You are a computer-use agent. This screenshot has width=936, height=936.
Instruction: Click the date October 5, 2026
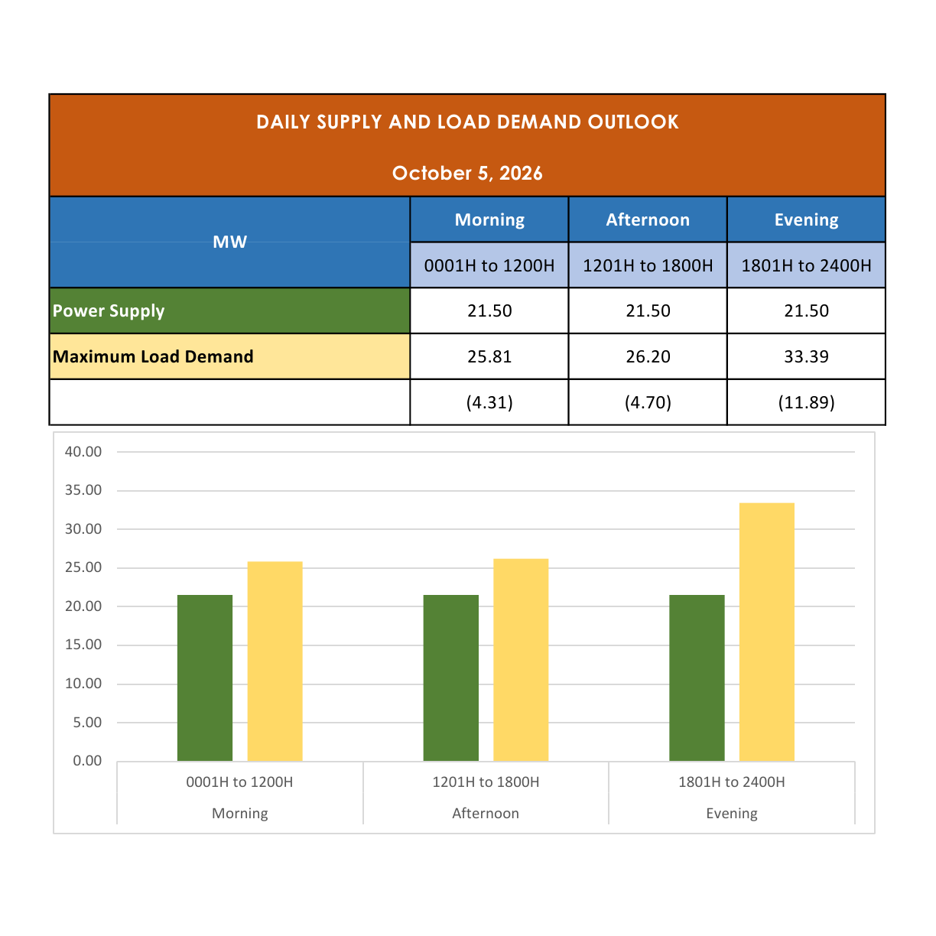(466, 173)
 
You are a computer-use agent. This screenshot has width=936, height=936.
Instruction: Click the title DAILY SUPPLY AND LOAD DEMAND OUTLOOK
(467, 122)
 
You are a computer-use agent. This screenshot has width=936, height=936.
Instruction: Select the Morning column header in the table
(489, 219)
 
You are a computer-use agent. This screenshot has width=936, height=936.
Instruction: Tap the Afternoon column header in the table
(648, 219)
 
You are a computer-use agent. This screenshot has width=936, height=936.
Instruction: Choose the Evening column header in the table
(806, 219)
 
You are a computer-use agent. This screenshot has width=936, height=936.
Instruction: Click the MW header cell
(229, 242)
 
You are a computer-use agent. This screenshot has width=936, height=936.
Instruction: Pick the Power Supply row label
(109, 311)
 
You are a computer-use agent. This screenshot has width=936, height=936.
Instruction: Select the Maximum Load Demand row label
(153, 356)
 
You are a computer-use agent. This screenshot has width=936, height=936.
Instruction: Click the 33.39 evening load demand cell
(806, 356)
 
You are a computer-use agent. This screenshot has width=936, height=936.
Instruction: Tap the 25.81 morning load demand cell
(489, 356)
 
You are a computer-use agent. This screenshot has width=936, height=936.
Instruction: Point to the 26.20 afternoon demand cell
(648, 356)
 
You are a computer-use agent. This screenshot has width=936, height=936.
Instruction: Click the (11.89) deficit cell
(806, 402)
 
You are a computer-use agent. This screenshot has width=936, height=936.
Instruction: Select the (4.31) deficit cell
(489, 402)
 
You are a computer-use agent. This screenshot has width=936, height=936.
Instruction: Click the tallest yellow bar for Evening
(766, 632)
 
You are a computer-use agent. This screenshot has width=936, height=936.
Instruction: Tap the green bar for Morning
(204, 678)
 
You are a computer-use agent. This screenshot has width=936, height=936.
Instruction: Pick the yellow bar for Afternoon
(521, 660)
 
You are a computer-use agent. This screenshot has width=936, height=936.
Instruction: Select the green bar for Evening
(697, 678)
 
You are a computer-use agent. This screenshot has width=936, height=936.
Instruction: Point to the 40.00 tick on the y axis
(83, 452)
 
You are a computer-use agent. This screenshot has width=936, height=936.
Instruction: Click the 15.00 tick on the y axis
(83, 645)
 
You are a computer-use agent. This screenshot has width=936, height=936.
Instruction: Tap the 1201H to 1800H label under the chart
(486, 782)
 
